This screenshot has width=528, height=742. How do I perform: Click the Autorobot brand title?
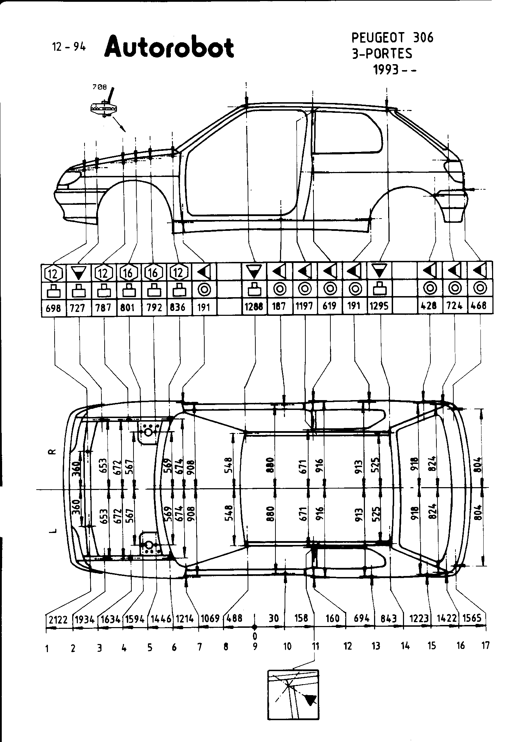point(169,47)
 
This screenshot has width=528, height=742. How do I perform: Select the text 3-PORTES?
point(382,54)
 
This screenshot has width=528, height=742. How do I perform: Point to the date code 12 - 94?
point(69,47)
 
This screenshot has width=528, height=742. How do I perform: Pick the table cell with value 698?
point(54,308)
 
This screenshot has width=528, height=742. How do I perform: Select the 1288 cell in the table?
point(254,307)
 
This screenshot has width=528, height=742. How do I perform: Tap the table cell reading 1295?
point(379,306)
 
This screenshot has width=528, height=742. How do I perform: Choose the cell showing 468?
point(479,306)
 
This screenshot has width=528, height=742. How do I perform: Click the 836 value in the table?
point(178,307)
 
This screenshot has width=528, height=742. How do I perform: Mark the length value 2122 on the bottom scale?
point(58,620)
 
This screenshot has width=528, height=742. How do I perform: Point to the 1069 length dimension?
point(210,619)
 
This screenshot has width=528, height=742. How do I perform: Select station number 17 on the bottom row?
point(485,645)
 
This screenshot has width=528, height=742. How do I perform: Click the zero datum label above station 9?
point(255,636)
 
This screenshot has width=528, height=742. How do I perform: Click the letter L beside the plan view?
point(52,531)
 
